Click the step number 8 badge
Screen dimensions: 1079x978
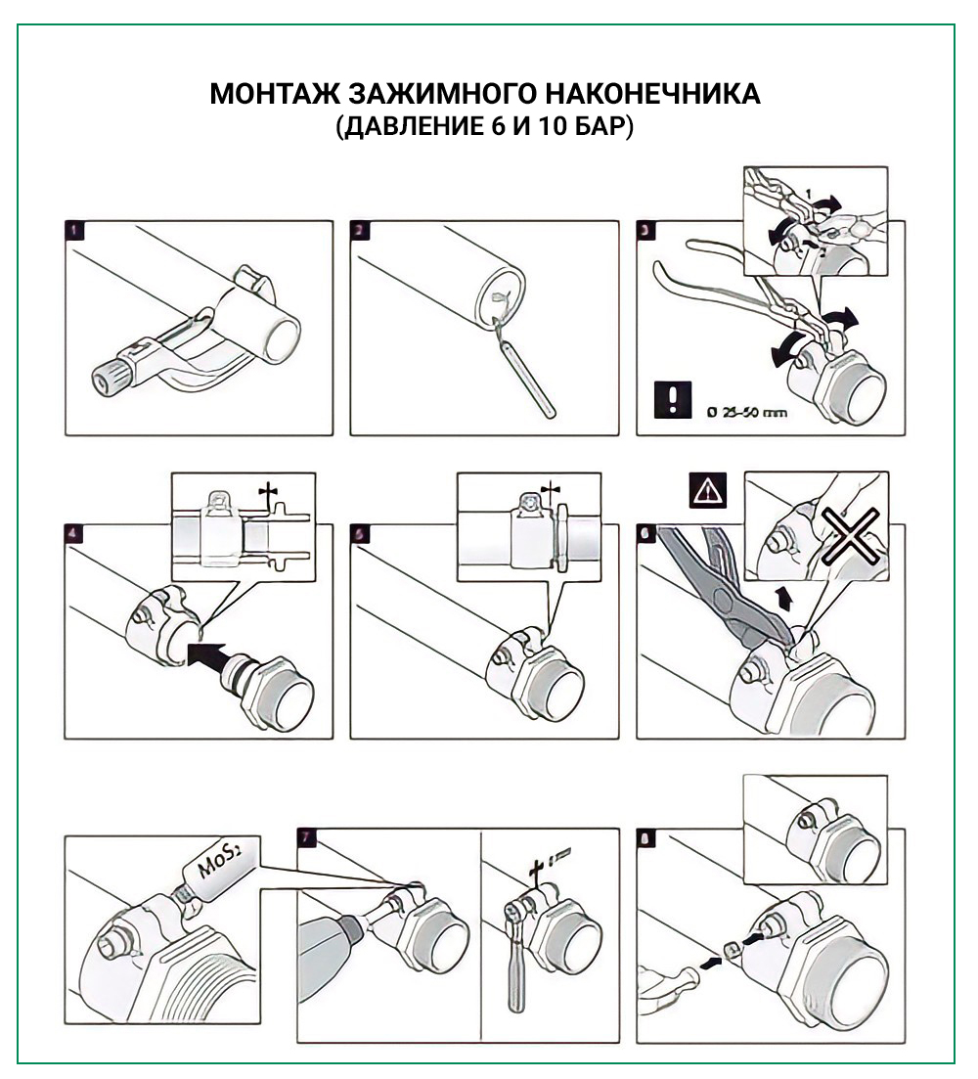point(648,840)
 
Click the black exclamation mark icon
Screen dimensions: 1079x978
point(671,400)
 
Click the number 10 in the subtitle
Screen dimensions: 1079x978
point(554,127)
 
